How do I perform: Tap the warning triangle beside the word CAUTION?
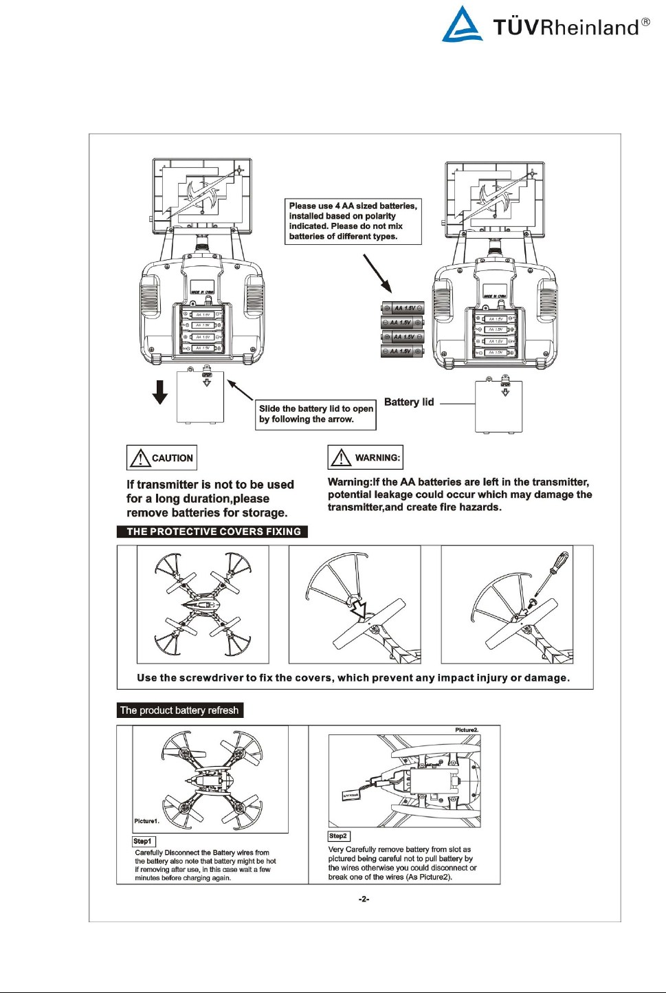point(140,458)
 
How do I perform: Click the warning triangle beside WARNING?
point(341,457)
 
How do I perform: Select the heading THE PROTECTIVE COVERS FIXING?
point(213,532)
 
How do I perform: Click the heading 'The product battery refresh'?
point(179,710)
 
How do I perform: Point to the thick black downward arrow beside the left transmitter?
point(160,391)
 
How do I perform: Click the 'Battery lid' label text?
point(409,402)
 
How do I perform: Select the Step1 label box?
point(144,841)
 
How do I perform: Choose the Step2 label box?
point(339,836)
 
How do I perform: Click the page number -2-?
point(364,899)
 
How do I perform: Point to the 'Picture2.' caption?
point(467,730)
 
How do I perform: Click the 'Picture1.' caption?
point(146,821)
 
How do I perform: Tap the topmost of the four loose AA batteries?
point(403,308)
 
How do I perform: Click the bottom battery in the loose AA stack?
point(403,351)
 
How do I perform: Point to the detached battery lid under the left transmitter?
point(200,397)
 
